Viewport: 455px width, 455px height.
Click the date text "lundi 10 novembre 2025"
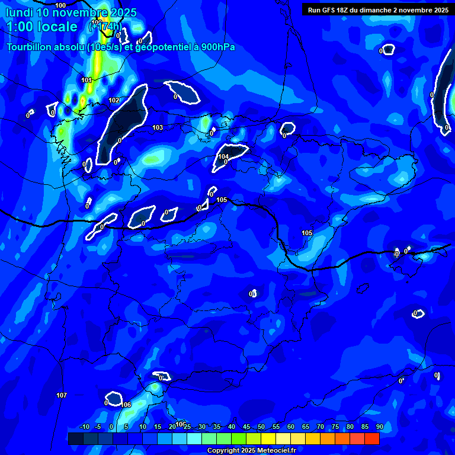[71, 12]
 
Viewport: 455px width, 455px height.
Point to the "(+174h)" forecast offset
[106, 27]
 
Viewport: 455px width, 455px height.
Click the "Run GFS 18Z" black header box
[377, 9]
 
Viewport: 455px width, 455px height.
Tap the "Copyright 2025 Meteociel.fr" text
[251, 451]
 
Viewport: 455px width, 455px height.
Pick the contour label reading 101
[86, 80]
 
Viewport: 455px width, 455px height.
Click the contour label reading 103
[157, 127]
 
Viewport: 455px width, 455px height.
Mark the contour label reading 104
[223, 157]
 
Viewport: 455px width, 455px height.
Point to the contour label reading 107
[62, 395]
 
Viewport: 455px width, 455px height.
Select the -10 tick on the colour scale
[84, 427]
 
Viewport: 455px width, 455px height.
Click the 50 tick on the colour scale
[261, 427]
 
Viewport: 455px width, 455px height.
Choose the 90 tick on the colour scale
[379, 427]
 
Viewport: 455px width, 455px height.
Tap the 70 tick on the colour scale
[321, 427]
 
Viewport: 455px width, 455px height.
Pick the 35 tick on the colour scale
[217, 427]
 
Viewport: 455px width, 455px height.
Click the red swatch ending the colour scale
[371, 438]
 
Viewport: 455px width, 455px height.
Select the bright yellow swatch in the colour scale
[268, 438]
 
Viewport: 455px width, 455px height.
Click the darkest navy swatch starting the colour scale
[75, 438]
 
